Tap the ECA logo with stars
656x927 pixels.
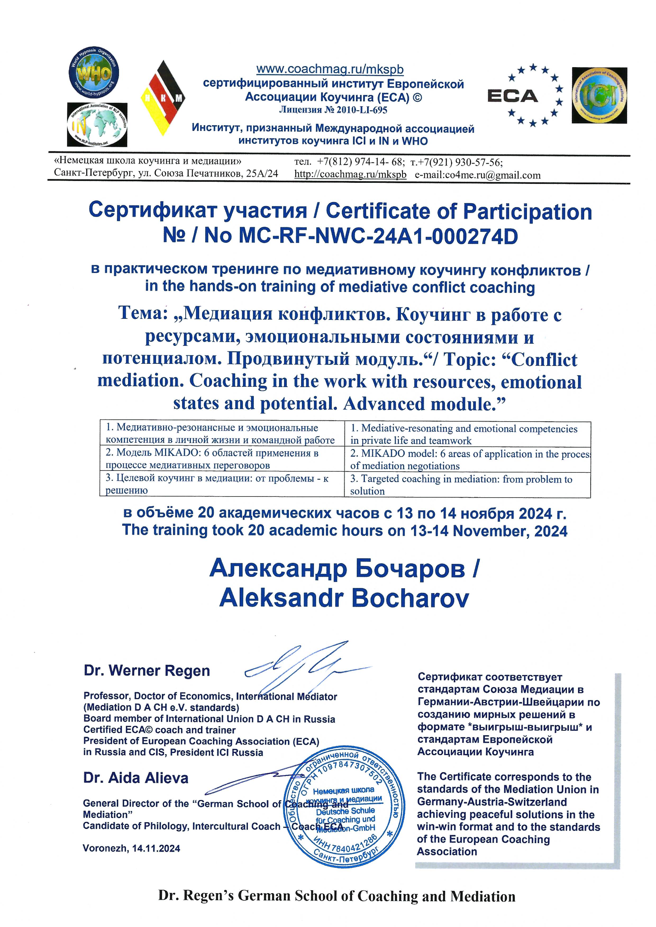(525, 95)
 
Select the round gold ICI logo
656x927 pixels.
(599, 95)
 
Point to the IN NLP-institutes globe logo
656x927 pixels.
(97, 125)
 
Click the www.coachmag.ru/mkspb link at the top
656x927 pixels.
(330, 70)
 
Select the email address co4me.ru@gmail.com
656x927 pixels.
(477, 175)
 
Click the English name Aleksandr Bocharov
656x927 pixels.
(344, 599)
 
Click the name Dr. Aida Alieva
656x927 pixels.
(136, 778)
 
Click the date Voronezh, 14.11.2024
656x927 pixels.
(131, 848)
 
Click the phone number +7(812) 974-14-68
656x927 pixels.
(360, 162)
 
